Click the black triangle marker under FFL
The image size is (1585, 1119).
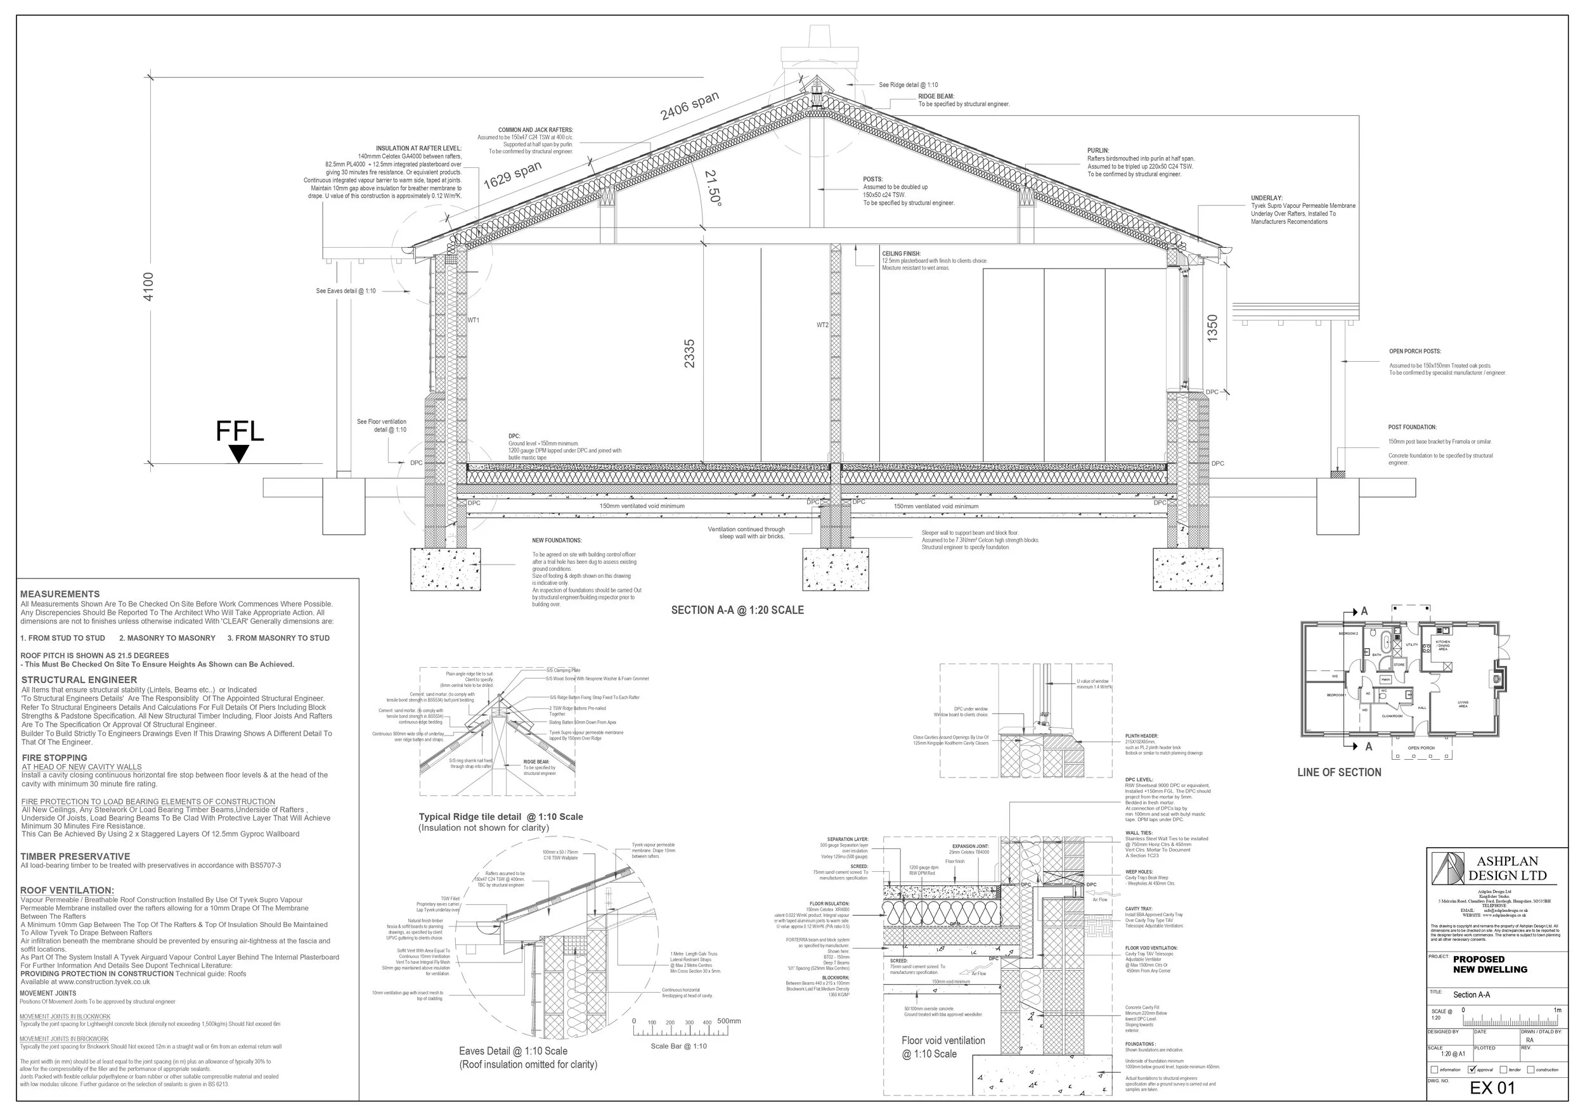(x=239, y=453)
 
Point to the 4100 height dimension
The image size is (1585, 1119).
(x=148, y=286)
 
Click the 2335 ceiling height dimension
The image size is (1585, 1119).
(x=690, y=353)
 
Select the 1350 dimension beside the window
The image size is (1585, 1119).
(x=1212, y=328)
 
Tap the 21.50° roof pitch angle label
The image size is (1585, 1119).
(x=713, y=188)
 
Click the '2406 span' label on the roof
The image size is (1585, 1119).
(x=690, y=106)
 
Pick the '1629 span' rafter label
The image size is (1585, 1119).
(x=512, y=176)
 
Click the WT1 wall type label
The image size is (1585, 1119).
(x=474, y=320)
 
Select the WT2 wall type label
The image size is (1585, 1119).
(x=822, y=325)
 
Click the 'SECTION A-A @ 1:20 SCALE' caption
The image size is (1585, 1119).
(x=737, y=610)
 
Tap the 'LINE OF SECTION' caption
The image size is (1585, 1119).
(x=1338, y=772)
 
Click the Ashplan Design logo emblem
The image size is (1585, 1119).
(x=1447, y=868)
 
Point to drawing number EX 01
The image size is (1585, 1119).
(x=1492, y=1088)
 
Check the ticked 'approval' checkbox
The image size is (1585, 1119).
(x=1471, y=1070)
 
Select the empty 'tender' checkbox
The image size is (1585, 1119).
(x=1504, y=1070)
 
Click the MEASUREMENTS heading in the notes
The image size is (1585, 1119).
(x=60, y=594)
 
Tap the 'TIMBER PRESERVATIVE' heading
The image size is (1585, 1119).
(x=75, y=856)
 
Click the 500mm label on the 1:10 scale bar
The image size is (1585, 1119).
(x=728, y=1021)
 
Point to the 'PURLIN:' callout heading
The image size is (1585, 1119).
(x=1097, y=150)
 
